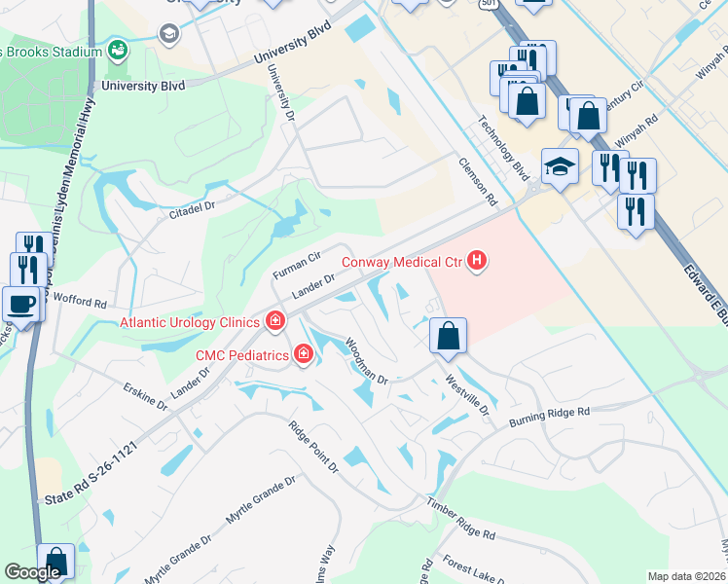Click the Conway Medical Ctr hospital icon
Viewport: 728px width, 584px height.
pyautogui.click(x=477, y=261)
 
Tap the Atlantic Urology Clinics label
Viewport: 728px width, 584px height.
pyautogui.click(x=190, y=322)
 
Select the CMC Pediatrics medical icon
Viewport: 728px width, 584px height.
pyautogui.click(x=304, y=355)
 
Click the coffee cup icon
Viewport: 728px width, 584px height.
pyautogui.click(x=21, y=303)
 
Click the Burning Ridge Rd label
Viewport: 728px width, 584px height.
pyautogui.click(x=550, y=418)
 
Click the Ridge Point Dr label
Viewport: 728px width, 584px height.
pyautogui.click(x=312, y=447)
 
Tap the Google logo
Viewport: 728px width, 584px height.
pyautogui.click(x=32, y=573)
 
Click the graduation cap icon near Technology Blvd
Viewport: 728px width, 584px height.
pyautogui.click(x=560, y=166)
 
